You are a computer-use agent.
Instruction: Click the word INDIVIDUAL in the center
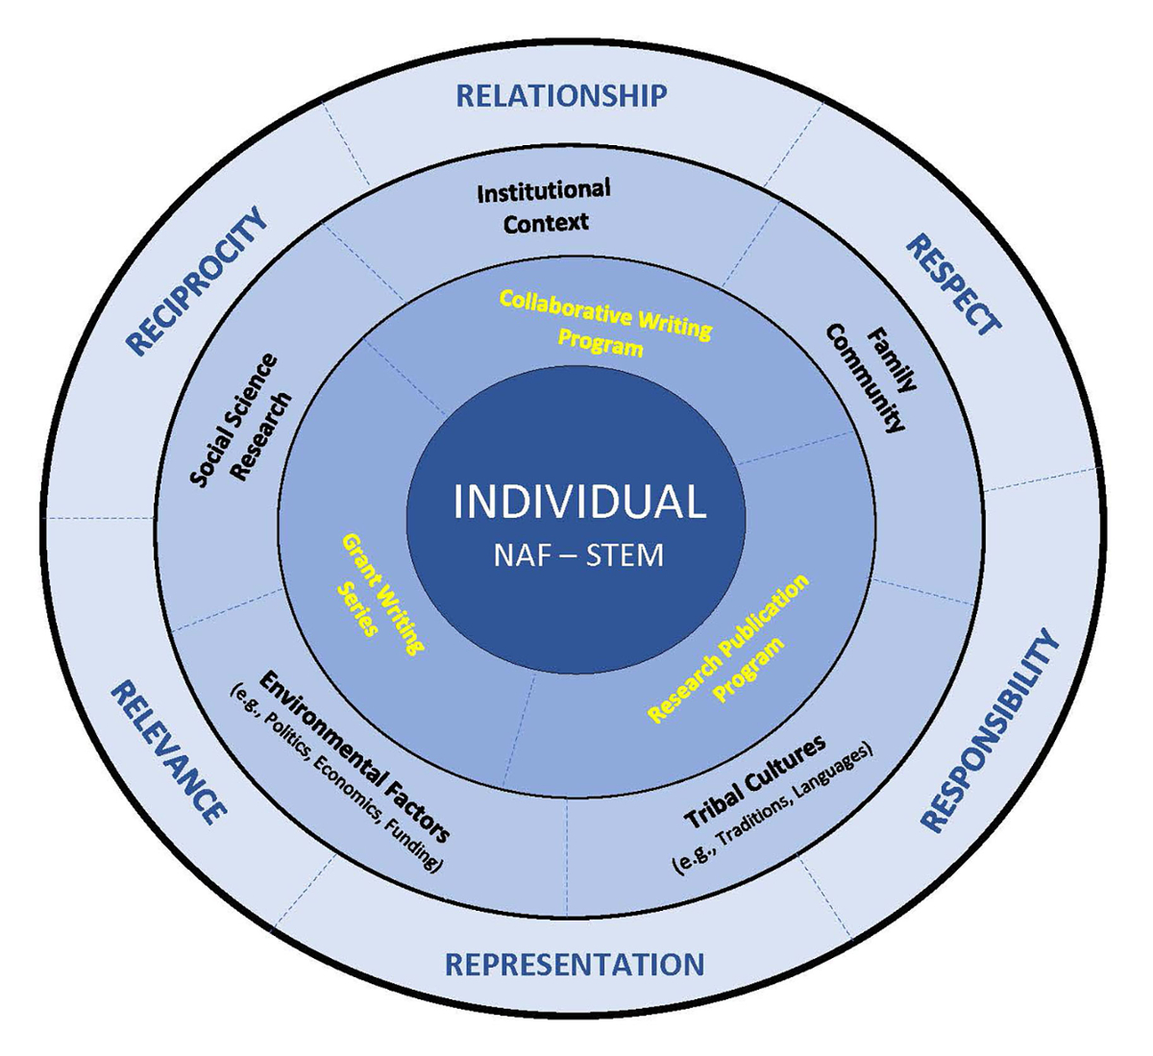pyautogui.click(x=579, y=502)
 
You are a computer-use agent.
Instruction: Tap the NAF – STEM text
pyautogui.click(x=578, y=555)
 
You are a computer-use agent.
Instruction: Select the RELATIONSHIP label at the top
pyautogui.click(x=561, y=96)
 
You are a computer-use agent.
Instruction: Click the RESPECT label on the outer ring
pyautogui.click(x=953, y=284)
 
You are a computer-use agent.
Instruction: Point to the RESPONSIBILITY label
pyautogui.click(x=990, y=730)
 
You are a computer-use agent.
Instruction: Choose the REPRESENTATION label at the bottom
pyautogui.click(x=574, y=964)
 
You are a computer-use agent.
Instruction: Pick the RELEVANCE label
pyautogui.click(x=169, y=751)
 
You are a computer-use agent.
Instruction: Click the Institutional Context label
pyautogui.click(x=545, y=206)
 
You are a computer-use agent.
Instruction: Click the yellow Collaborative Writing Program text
pyautogui.click(x=604, y=323)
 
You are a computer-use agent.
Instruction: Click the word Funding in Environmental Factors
pyautogui.click(x=422, y=848)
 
